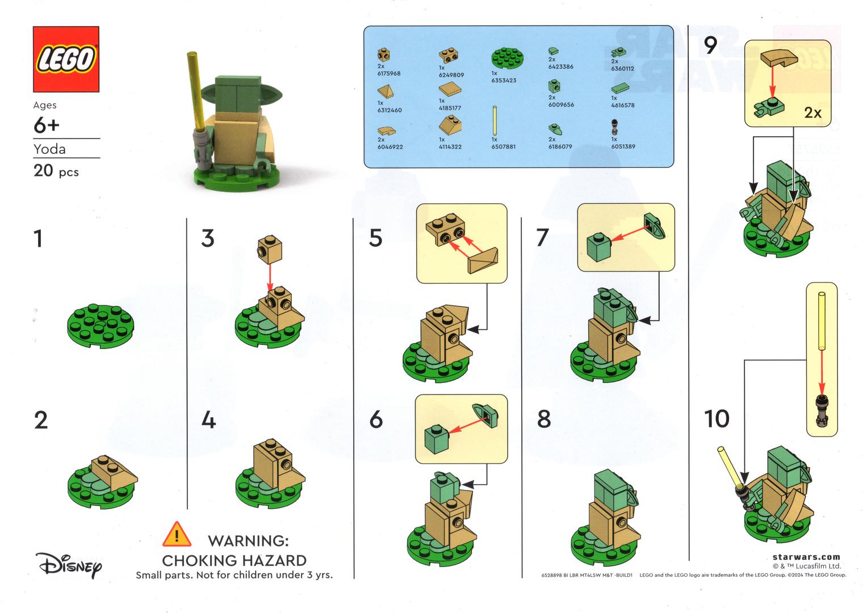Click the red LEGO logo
tap(66, 59)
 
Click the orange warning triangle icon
tap(177, 535)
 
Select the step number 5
tap(375, 238)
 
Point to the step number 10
tap(717, 419)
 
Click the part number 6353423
tap(503, 81)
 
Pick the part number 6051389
tap(623, 146)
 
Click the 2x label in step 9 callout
tap(812, 113)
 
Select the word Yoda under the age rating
tap(49, 149)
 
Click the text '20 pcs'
tap(56, 171)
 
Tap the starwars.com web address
tap(806, 557)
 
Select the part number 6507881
tap(503, 146)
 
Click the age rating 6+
tap(47, 125)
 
